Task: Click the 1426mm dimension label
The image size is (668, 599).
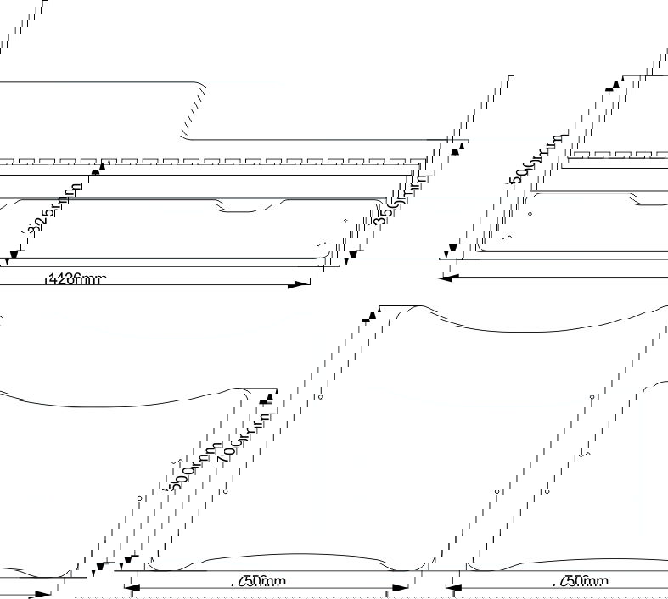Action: click(76, 277)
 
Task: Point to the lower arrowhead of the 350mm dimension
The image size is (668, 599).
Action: click(352, 255)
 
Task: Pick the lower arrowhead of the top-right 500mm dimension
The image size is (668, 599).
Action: click(452, 250)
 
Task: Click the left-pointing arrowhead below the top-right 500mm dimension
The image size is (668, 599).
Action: click(451, 277)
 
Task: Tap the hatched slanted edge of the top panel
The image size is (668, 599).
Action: click(194, 111)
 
